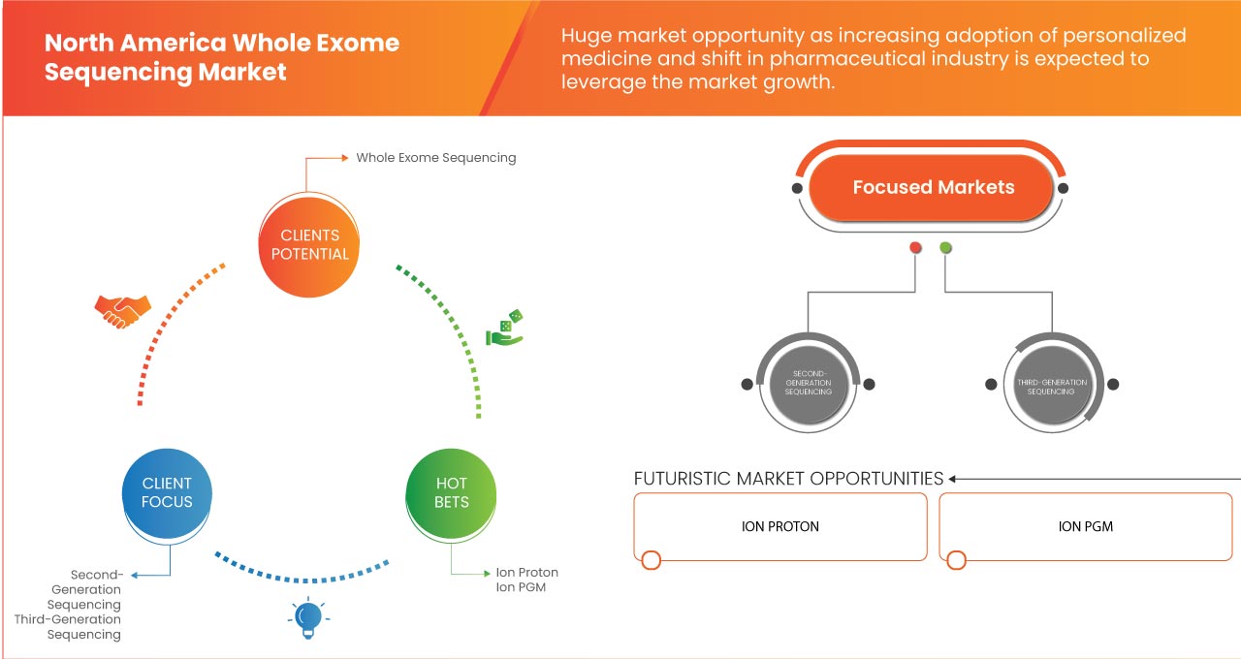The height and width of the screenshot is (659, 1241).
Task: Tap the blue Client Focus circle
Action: coord(167,492)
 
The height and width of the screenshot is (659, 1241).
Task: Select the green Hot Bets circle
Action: coord(452,492)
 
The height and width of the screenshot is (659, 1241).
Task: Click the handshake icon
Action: coord(122,311)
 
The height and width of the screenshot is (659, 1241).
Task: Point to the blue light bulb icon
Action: coord(307,617)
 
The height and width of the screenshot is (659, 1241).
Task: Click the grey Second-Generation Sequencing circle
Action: coord(808,384)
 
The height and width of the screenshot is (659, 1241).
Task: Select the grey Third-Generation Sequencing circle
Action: coord(1052,384)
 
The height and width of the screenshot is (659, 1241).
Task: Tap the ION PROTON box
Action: coord(780,526)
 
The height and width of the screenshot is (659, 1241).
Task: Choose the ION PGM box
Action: coord(1086,526)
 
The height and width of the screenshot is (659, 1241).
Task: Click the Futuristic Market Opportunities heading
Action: coord(788,479)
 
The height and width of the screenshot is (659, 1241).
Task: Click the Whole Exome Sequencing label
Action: coord(435,157)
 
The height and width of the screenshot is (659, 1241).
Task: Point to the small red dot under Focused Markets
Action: coord(915,248)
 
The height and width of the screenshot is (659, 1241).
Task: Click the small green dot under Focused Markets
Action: coord(945,248)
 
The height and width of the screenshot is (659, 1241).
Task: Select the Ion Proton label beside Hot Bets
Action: coord(526,572)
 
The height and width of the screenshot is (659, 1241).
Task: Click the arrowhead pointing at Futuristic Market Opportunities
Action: coord(953,479)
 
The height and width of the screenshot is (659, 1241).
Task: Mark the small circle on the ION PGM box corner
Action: coord(957,560)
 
